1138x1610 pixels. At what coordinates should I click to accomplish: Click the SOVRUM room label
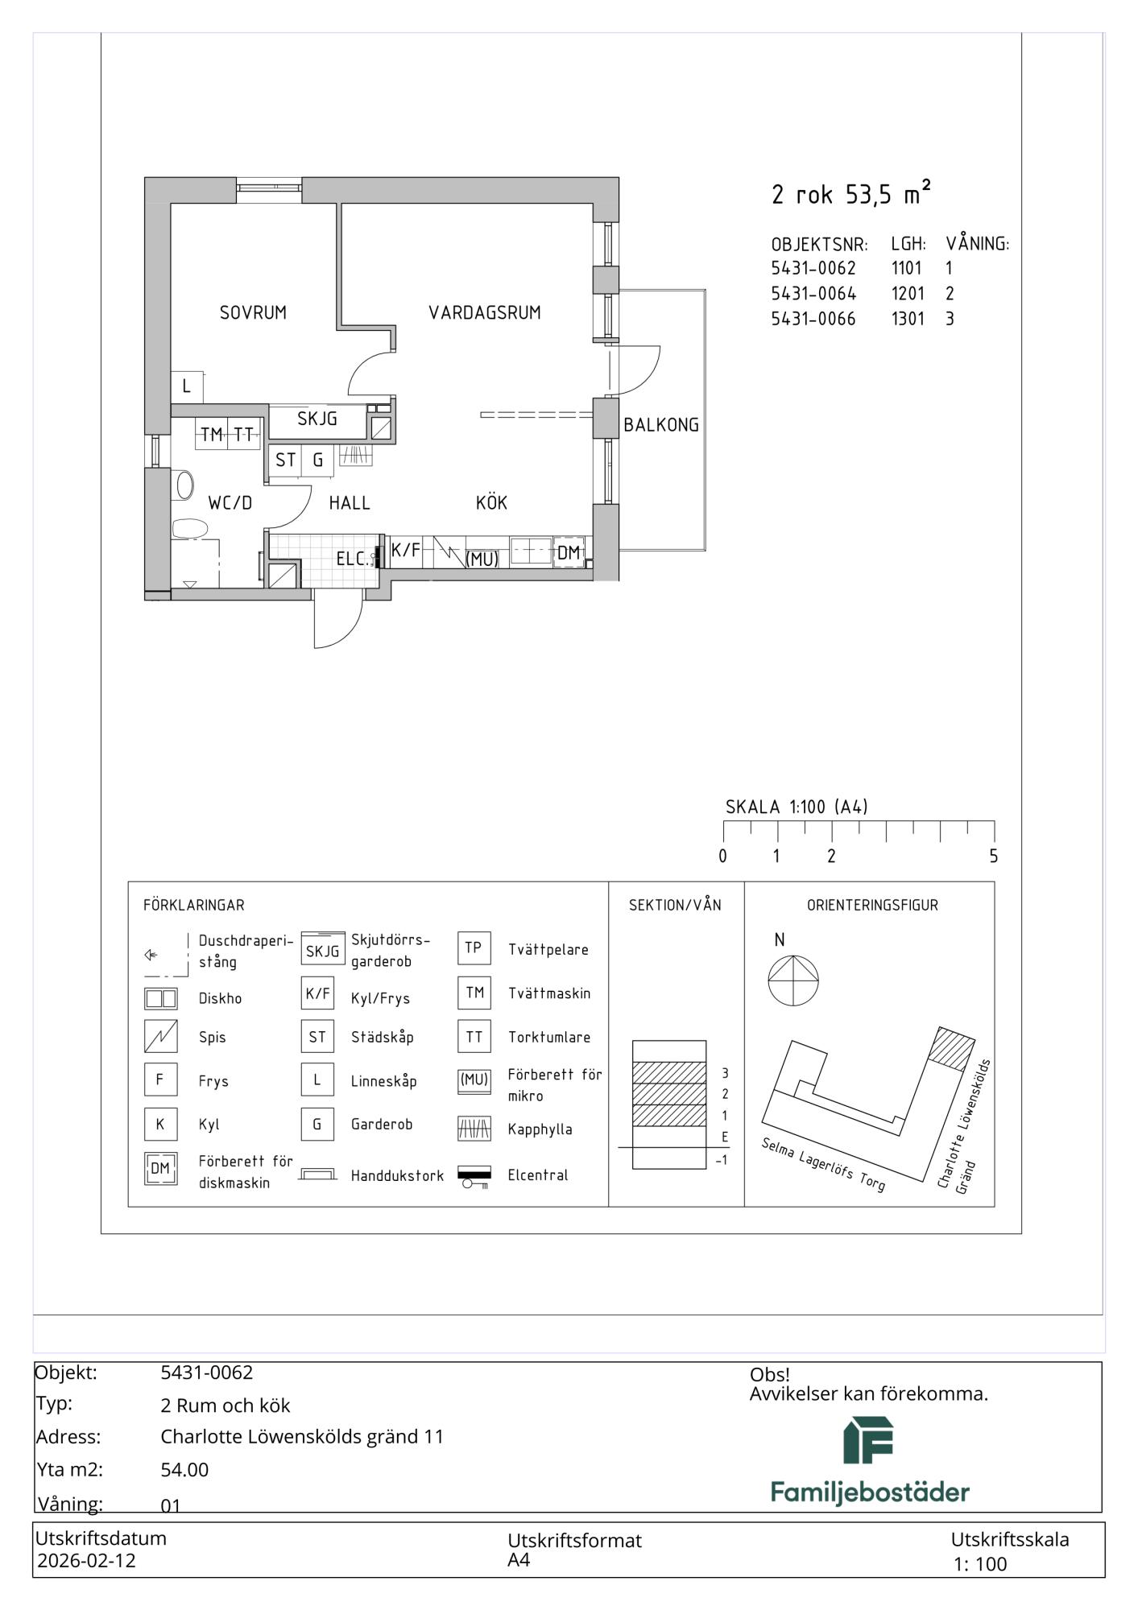click(253, 312)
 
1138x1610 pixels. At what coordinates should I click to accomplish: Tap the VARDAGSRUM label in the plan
click(484, 312)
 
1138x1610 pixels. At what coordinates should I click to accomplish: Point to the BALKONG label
click(661, 425)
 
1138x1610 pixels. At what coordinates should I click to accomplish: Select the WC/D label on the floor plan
click(230, 503)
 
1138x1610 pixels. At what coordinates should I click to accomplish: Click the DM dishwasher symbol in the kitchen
click(569, 552)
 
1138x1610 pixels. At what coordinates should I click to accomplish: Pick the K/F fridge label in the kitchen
click(405, 551)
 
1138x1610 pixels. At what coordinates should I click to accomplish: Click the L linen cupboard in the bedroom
click(187, 386)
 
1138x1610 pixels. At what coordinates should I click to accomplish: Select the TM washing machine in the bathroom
click(212, 435)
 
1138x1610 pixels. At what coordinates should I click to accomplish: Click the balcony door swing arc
click(648, 378)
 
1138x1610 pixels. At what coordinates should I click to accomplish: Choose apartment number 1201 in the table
click(908, 293)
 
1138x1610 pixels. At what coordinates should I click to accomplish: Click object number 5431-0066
click(813, 319)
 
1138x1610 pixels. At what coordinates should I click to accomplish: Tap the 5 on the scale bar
click(993, 857)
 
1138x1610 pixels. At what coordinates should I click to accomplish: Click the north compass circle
click(793, 980)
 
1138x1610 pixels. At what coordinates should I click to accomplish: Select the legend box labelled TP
click(474, 948)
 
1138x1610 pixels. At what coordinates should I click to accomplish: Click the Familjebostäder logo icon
click(868, 1440)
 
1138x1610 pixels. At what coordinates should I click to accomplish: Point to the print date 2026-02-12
click(87, 1560)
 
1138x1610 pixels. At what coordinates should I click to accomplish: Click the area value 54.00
click(184, 1470)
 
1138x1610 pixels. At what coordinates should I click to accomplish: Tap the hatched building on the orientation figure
click(952, 1048)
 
